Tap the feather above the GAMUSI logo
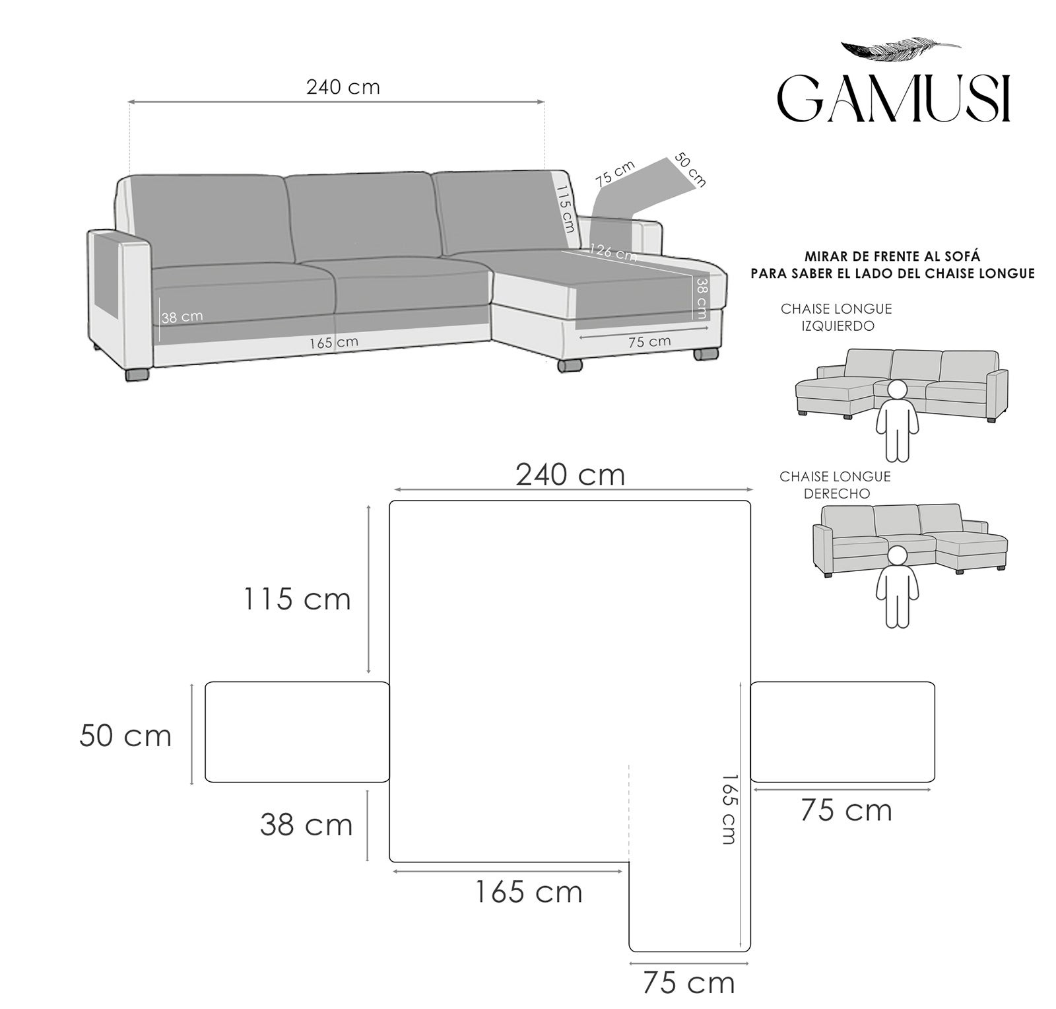[x=899, y=49]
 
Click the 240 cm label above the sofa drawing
[x=343, y=87]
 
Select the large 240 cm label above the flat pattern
[x=570, y=475]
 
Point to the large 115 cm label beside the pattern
[x=297, y=600]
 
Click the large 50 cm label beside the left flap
[x=125, y=736]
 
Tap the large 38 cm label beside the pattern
[x=306, y=825]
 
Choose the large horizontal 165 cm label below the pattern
[x=529, y=893]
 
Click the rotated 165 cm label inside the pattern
[x=728, y=810]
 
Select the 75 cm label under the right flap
[x=846, y=810]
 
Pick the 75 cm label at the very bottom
[x=688, y=983]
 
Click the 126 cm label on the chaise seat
[x=612, y=252]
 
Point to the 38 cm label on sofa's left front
[x=183, y=317]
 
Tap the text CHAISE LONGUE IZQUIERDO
[x=836, y=317]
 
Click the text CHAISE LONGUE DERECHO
[x=835, y=485]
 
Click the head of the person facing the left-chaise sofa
[x=896, y=390]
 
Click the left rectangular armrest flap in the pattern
[x=297, y=732]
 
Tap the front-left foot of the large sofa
[x=138, y=374]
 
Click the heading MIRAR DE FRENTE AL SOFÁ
[x=892, y=256]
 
